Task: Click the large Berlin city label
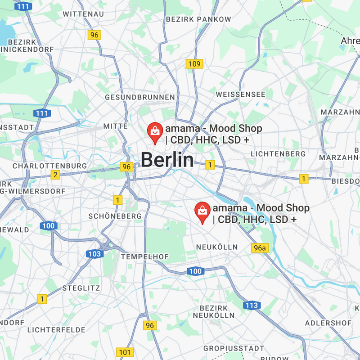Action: click(167, 160)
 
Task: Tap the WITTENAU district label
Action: click(83, 14)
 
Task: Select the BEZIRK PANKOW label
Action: click(198, 19)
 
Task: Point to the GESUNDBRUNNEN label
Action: click(139, 97)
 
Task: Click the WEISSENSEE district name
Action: click(240, 94)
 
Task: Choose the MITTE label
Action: click(116, 126)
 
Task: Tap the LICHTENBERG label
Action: click(278, 154)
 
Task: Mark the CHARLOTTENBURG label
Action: click(50, 166)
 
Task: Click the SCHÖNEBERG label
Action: click(115, 216)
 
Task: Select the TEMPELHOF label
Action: click(145, 256)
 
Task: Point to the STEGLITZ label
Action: click(81, 288)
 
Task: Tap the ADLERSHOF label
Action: click(328, 323)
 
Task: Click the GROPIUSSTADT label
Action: click(234, 348)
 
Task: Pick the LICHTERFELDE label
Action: click(56, 330)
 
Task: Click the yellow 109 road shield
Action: click(194, 64)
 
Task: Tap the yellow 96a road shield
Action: click(259, 247)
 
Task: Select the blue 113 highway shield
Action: click(252, 306)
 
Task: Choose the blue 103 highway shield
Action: click(94, 254)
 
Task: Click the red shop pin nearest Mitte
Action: click(155, 131)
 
